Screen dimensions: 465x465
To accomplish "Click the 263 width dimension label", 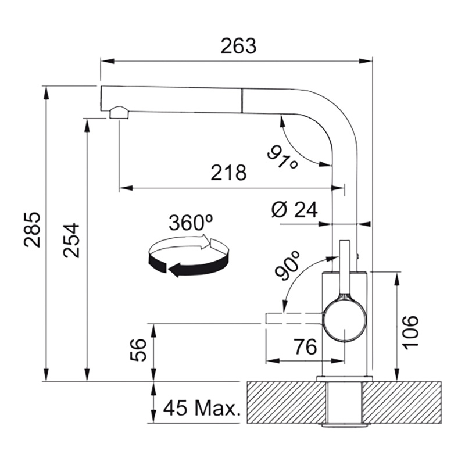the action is click(x=238, y=46).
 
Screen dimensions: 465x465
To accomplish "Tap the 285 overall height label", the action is click(x=32, y=230).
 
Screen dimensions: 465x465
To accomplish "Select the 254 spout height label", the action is click(x=71, y=240).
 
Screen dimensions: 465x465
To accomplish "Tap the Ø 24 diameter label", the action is click(x=295, y=210).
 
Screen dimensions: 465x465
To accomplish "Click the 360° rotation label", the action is click(x=191, y=223).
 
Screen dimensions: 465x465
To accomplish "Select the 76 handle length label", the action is click(x=306, y=346).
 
